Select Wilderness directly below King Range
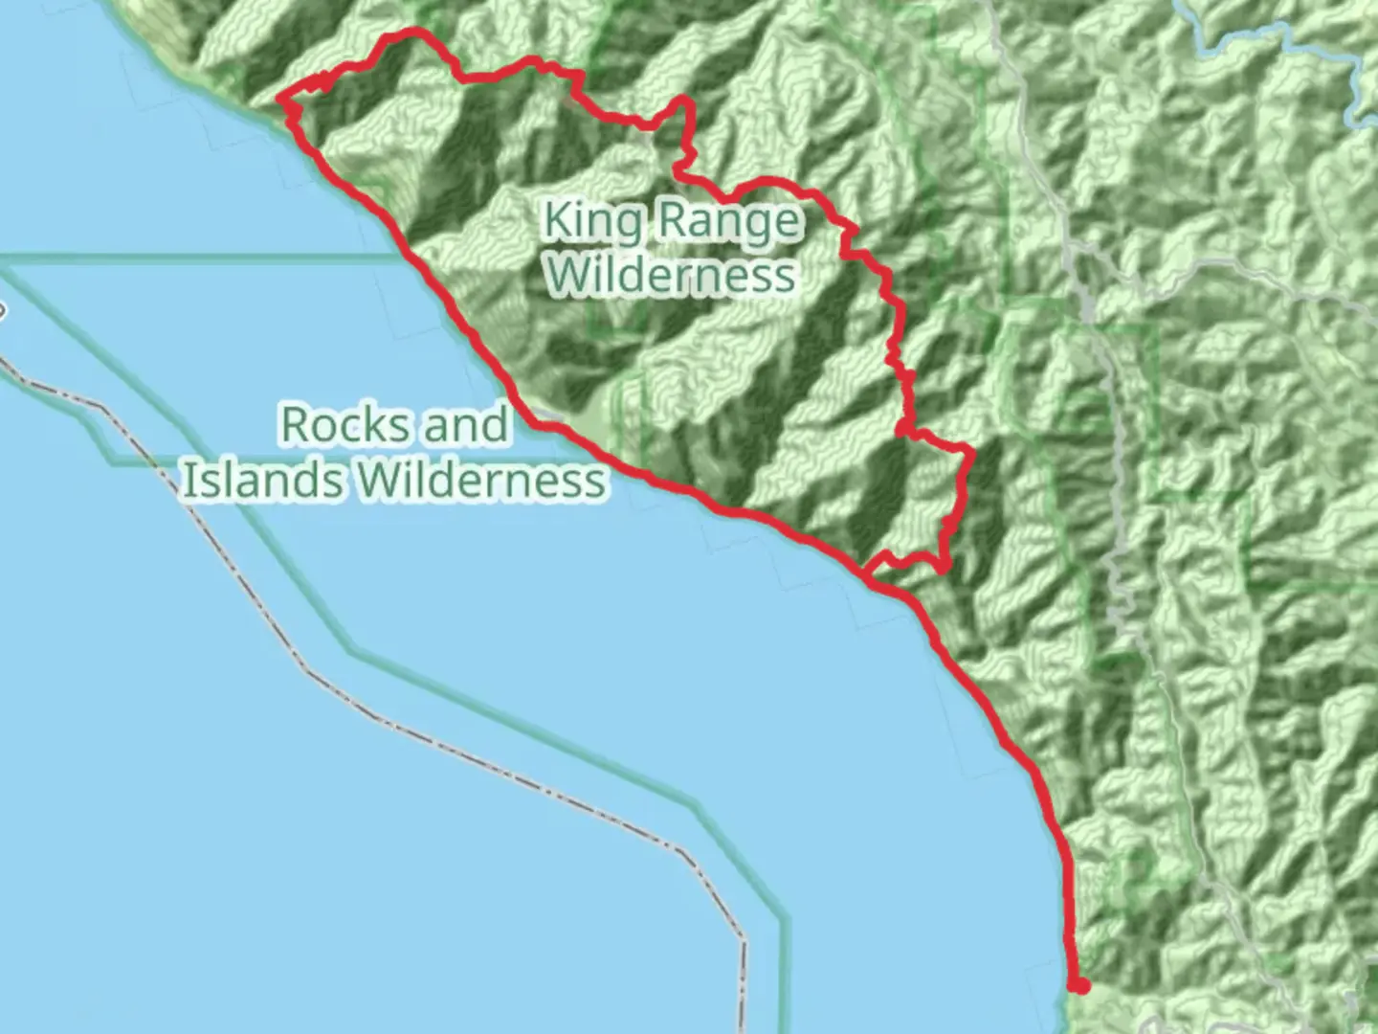(x=673, y=275)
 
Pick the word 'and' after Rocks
(x=465, y=425)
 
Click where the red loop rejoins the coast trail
(x=867, y=576)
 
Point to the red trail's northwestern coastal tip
(x=281, y=98)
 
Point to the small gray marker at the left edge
(x=3, y=310)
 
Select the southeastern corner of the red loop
(x=945, y=568)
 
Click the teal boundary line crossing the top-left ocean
(x=191, y=256)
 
